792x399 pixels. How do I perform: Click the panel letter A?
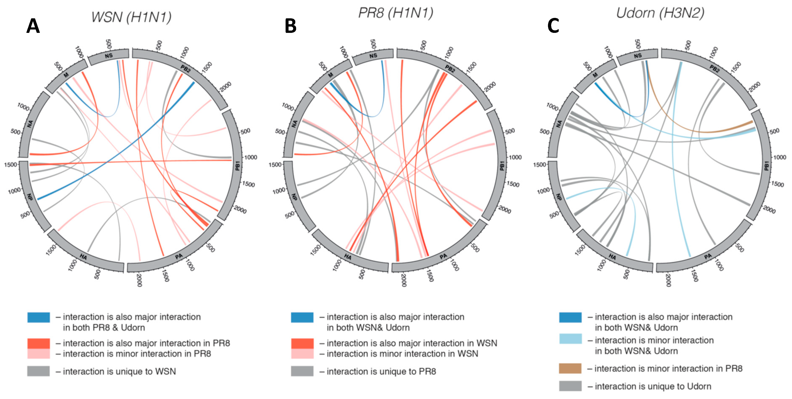point(33,26)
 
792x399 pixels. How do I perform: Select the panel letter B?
point(291,26)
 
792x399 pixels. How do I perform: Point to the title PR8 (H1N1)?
point(396,13)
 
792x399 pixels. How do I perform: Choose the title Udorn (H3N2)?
point(660,13)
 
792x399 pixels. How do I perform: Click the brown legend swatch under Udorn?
point(570,368)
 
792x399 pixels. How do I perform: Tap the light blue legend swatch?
point(570,339)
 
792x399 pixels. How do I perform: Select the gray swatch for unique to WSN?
point(38,371)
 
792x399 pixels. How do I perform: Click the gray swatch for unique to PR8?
point(302,371)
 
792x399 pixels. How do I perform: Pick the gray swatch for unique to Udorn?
point(570,386)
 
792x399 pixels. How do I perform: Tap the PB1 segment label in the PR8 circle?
point(502,166)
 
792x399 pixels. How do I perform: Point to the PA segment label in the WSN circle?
point(179,256)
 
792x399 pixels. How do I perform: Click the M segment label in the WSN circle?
point(66,75)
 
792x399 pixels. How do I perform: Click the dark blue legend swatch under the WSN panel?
point(38,317)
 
